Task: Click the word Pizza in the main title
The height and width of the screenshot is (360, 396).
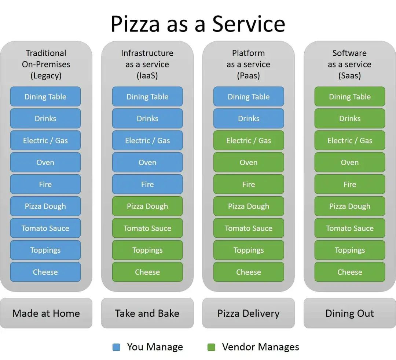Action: [x=135, y=24]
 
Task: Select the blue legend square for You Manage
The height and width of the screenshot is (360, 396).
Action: [x=116, y=347]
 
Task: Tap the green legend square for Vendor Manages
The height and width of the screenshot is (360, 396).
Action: [x=211, y=347]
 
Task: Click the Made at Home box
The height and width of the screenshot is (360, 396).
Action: [x=46, y=313]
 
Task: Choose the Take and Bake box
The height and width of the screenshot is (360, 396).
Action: [x=147, y=313]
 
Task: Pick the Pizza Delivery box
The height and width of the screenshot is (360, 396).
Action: [x=248, y=313]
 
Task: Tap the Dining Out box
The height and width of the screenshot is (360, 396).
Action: [x=349, y=313]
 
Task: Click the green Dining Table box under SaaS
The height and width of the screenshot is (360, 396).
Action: [x=349, y=97]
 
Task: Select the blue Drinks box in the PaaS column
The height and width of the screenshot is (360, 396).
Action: [x=248, y=119]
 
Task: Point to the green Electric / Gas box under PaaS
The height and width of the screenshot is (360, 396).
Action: [x=248, y=141]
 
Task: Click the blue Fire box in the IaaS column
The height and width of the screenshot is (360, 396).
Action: [x=147, y=184]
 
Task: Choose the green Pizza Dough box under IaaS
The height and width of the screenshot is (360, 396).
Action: [x=147, y=206]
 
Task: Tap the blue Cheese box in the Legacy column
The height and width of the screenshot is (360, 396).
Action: [x=45, y=272]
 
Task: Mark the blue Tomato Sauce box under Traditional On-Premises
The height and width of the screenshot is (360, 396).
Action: [x=45, y=228]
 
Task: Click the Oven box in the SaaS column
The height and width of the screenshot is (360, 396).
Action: [x=349, y=163]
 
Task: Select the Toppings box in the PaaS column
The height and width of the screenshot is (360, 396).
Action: [x=248, y=250]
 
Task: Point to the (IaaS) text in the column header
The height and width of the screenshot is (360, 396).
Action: [x=147, y=76]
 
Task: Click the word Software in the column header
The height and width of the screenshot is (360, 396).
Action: [x=349, y=53]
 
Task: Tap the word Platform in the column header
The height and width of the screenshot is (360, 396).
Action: [x=248, y=53]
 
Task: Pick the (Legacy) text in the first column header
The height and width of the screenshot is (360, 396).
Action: [x=46, y=76]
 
